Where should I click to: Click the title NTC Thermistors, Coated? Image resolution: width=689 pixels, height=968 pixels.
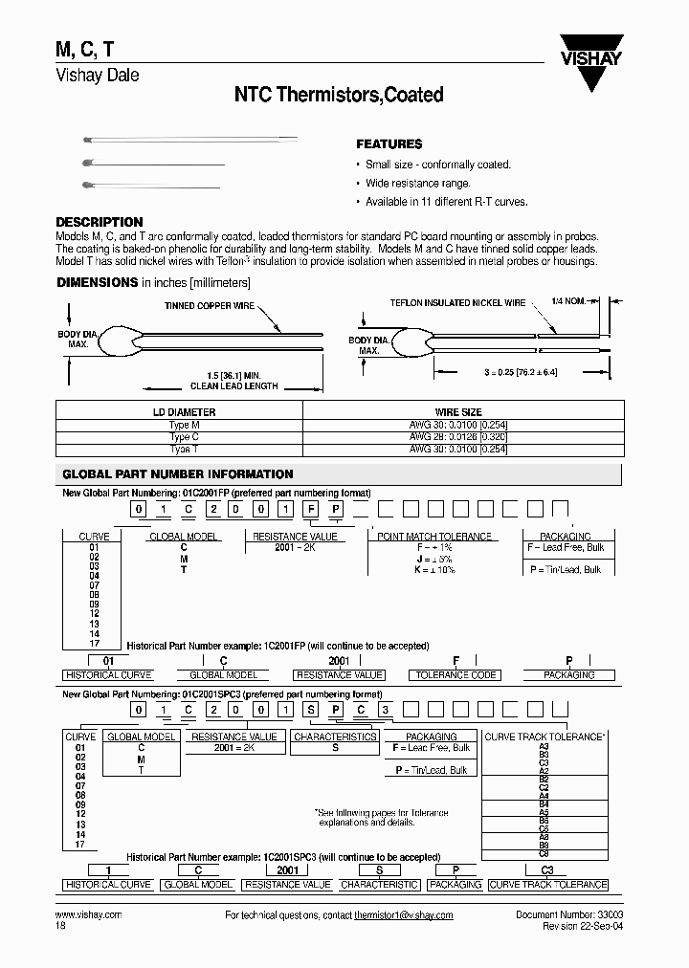[x=339, y=95]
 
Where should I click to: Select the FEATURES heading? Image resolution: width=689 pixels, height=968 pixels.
[x=389, y=144]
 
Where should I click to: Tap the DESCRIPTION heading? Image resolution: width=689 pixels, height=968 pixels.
[x=100, y=222]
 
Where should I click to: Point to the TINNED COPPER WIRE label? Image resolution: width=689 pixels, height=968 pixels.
[x=210, y=306]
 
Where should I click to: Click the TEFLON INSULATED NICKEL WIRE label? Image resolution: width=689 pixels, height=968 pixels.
[x=457, y=303]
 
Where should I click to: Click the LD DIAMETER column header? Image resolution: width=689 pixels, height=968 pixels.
[x=180, y=412]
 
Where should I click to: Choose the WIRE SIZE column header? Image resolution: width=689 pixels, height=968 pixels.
[x=459, y=412]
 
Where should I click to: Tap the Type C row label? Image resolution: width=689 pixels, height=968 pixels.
[x=180, y=436]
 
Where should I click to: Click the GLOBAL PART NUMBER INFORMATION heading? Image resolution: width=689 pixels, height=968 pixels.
[x=178, y=474]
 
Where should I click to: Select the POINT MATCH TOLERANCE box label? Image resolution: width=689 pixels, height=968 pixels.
[x=434, y=537]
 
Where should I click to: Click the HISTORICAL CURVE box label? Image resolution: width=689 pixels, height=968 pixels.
[x=108, y=674]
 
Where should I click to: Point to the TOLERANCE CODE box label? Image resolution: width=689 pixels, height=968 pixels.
[x=456, y=674]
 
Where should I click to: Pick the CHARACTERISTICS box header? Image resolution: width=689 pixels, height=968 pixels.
[x=335, y=737]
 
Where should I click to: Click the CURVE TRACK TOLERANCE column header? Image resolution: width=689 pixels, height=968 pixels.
[x=545, y=737]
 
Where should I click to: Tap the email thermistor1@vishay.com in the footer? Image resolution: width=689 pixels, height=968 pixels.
[x=403, y=915]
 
